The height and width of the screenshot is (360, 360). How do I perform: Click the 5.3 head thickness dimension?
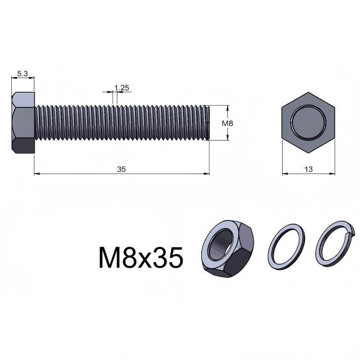pos(22,74)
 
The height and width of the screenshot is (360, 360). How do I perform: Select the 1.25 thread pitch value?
pos(121,88)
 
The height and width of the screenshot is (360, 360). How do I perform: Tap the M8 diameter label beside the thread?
pos(227,123)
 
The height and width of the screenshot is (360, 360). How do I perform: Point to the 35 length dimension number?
pos(121,169)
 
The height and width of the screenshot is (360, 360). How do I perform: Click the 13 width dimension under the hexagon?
pos(308,169)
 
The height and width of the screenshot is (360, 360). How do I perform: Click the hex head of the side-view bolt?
pos(23,123)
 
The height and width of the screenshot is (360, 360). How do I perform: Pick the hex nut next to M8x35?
pos(228,249)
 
